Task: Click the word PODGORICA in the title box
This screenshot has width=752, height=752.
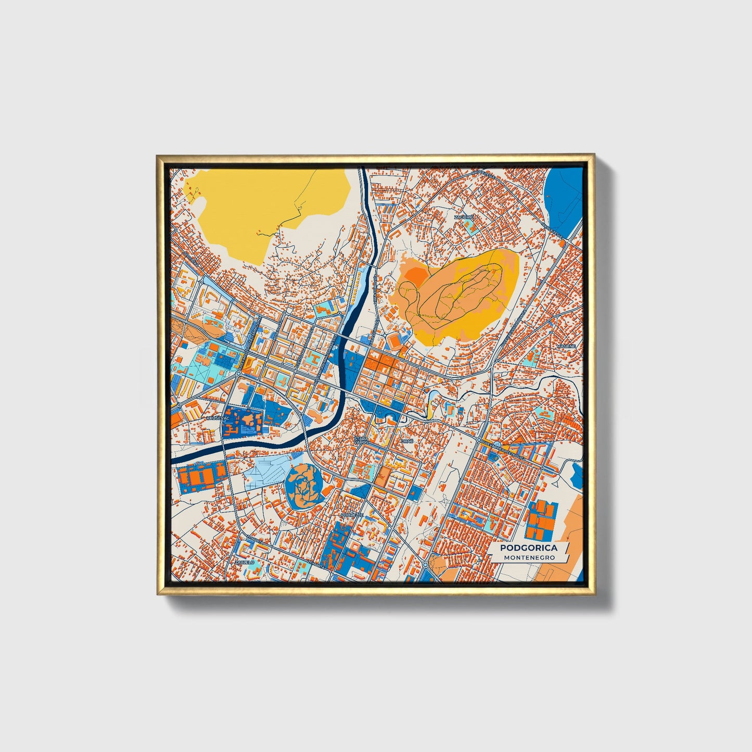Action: pos(528,547)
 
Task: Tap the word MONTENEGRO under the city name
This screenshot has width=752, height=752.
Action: pos(529,557)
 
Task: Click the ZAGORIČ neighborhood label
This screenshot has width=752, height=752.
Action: pos(463,216)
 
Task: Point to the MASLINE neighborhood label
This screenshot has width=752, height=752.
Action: pos(566,346)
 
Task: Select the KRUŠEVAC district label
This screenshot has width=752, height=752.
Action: pos(217,418)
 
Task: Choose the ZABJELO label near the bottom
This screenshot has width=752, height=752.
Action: pos(244,562)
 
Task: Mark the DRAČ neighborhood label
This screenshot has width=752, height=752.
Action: pos(406,441)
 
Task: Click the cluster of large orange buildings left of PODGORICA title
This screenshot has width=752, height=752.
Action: pos(539,520)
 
